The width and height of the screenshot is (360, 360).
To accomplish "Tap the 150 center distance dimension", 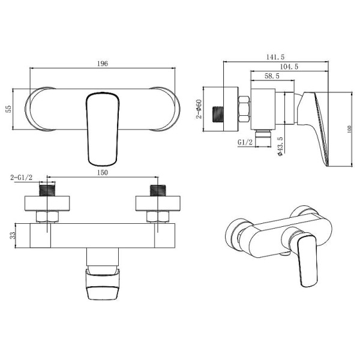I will (102, 173).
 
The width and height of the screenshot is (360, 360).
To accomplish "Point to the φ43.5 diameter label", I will (280, 146).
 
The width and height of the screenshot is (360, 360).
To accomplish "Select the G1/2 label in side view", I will (245, 142).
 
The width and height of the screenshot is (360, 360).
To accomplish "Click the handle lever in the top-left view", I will (102, 127).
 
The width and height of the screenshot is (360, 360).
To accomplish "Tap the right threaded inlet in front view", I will (157, 192).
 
